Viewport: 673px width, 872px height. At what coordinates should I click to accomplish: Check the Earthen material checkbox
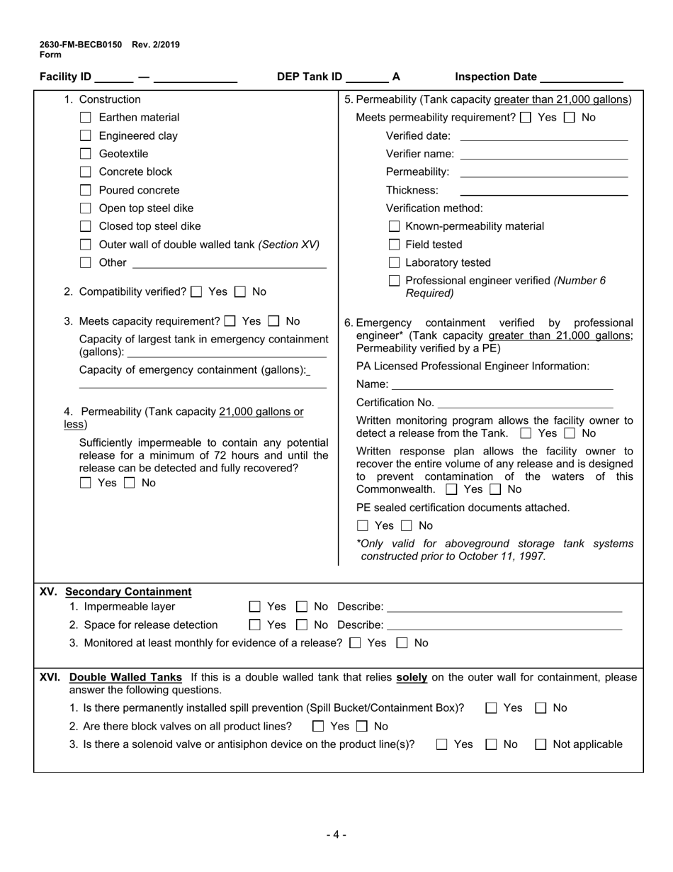86,118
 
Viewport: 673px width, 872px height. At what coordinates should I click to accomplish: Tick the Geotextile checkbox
86,154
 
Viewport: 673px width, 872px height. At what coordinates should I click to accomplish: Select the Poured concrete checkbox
86,190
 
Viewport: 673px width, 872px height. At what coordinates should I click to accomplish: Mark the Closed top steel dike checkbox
86,226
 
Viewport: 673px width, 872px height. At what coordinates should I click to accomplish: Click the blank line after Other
229,264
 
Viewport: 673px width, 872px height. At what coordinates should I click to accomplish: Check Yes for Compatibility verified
197,291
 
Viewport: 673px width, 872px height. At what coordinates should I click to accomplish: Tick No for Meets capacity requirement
274,321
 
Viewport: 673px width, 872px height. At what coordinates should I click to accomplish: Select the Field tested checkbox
395,245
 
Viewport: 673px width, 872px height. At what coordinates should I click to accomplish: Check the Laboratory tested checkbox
395,263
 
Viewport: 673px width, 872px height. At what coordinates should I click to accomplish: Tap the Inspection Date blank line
581,78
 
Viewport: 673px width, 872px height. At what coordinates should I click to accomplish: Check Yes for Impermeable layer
255,607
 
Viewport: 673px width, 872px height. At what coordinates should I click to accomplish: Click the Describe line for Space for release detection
504,626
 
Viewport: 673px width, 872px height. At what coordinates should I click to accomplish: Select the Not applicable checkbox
541,744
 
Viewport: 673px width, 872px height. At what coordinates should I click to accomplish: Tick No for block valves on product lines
362,727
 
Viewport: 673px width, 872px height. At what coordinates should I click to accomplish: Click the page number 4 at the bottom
336,834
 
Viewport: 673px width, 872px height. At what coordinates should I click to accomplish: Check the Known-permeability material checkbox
395,227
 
